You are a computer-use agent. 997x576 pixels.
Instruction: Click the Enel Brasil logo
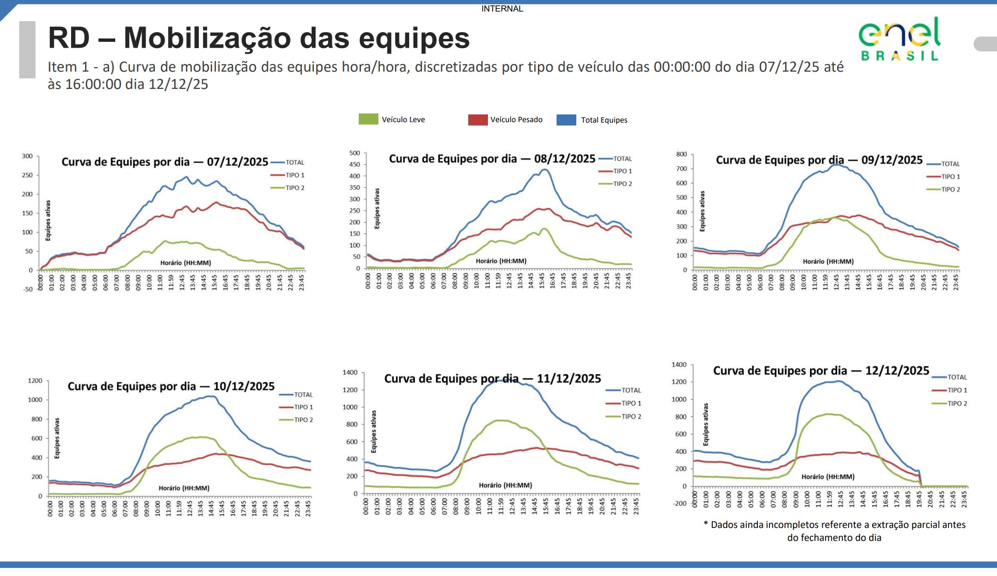coord(899,39)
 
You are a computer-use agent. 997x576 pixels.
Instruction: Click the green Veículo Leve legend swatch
coord(368,119)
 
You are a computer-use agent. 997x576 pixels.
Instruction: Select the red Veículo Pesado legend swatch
coord(477,120)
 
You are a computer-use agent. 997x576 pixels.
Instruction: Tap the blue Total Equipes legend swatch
coord(566,120)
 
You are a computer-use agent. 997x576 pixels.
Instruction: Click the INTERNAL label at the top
coord(502,9)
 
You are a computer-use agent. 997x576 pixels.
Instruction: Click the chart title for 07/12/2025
coord(165,162)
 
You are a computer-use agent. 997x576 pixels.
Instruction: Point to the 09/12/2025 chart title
coord(819,160)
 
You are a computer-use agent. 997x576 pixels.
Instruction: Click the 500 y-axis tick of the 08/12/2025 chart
coord(354,153)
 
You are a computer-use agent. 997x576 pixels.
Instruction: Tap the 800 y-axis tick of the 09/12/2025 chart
coord(681,154)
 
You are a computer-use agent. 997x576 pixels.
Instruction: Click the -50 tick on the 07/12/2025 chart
coord(28,289)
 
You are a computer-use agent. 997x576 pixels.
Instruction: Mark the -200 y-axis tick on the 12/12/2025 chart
coord(680,503)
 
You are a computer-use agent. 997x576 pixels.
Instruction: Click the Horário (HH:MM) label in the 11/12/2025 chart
coord(505,485)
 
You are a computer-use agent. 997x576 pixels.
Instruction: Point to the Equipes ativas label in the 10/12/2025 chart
coord(57,438)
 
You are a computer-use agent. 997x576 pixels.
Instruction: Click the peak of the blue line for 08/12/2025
coord(544,169)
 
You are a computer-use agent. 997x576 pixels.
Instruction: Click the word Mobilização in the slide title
coord(227,38)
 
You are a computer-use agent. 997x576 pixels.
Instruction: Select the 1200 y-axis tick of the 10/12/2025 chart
coord(35,381)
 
